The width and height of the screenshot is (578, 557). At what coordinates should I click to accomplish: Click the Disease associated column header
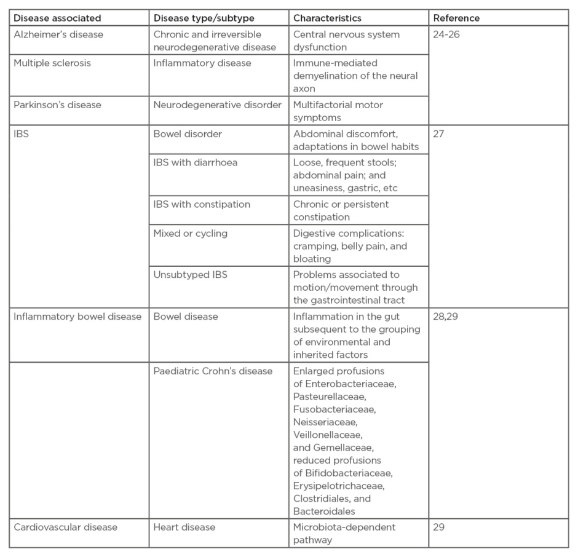(x=57, y=18)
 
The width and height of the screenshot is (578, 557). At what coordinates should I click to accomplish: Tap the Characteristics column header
(x=327, y=18)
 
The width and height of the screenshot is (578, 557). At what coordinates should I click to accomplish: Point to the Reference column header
(x=456, y=18)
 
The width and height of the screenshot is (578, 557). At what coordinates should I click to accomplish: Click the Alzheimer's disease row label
(x=58, y=34)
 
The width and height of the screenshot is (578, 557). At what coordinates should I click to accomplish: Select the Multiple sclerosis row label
(x=52, y=63)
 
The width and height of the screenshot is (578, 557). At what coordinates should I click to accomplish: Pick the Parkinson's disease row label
(x=57, y=105)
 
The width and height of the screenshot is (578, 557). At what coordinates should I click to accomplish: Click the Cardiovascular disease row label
(x=65, y=527)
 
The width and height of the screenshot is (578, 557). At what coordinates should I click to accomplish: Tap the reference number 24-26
(x=446, y=34)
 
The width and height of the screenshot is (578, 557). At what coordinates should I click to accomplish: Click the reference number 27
(x=438, y=133)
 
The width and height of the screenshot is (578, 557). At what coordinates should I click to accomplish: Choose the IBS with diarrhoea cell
(x=195, y=162)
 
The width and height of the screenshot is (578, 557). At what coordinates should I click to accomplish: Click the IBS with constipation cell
(x=202, y=204)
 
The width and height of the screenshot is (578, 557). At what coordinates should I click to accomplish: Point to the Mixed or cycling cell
(x=190, y=233)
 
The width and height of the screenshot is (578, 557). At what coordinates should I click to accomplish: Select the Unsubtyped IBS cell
(x=190, y=275)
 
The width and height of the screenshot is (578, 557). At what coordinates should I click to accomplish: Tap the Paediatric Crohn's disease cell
(x=213, y=371)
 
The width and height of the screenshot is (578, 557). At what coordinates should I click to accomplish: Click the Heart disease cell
(x=184, y=527)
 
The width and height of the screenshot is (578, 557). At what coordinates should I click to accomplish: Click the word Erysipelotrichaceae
(x=339, y=486)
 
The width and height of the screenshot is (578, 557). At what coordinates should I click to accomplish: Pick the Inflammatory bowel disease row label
(x=77, y=317)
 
